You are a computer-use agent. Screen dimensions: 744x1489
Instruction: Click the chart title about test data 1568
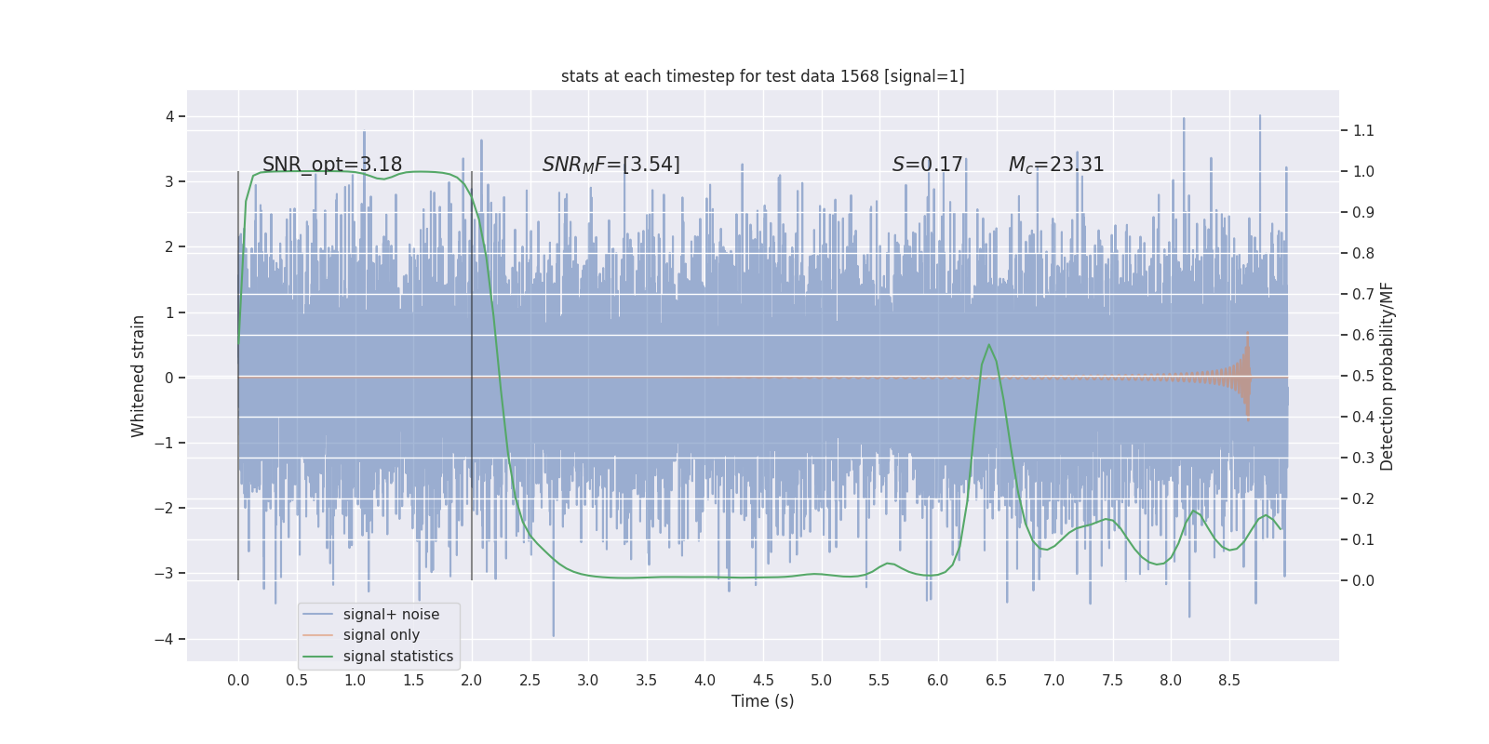point(762,76)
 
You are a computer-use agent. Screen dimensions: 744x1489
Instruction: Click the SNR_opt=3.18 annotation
point(332,165)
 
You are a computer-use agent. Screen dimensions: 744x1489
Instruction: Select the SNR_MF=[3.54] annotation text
point(611,165)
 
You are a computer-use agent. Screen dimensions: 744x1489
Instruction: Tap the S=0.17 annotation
point(927,165)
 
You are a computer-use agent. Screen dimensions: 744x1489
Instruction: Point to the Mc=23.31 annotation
point(1056,165)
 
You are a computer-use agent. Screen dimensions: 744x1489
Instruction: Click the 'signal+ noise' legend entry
point(391,615)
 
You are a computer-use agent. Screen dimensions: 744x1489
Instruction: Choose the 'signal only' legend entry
point(381,635)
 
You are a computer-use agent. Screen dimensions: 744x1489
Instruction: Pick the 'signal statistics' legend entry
point(397,657)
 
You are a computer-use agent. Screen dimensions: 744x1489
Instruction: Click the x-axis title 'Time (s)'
point(762,701)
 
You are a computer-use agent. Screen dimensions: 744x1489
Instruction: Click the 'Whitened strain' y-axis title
point(139,377)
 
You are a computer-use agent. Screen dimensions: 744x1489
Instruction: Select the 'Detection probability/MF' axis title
point(1387,377)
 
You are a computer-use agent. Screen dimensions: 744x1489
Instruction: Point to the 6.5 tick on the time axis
point(996,680)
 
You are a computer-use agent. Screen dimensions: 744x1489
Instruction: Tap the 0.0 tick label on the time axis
point(238,680)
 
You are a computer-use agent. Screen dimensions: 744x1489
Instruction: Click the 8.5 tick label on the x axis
point(1228,680)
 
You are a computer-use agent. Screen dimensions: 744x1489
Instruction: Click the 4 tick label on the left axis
point(169,116)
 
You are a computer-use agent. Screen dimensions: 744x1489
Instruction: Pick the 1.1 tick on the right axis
point(1363,130)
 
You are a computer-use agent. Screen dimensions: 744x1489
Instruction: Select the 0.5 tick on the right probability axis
point(1363,376)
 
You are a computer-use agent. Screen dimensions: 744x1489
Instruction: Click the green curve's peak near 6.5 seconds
point(988,345)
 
